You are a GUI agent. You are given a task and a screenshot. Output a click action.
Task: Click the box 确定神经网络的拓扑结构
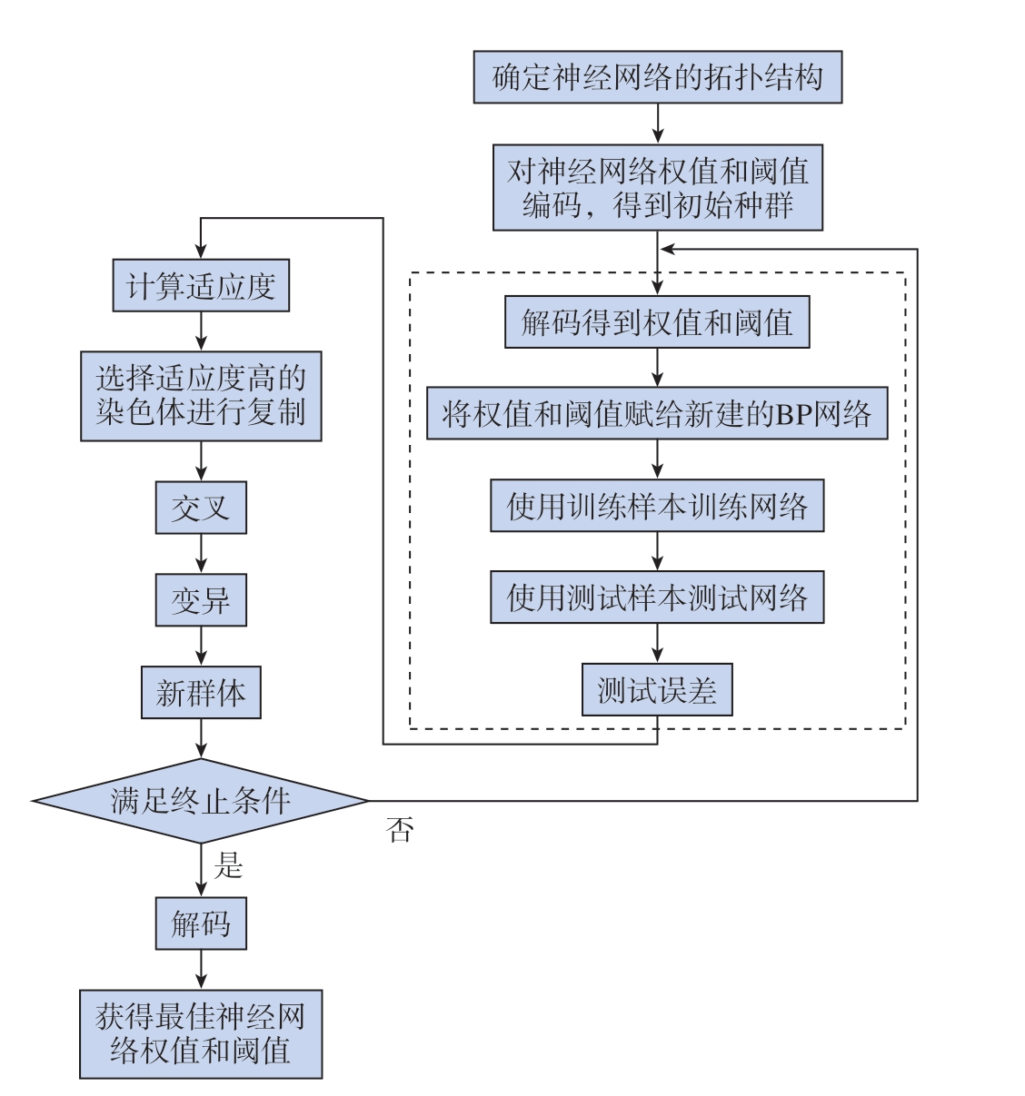point(657,77)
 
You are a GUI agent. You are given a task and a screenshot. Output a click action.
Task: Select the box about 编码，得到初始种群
point(657,188)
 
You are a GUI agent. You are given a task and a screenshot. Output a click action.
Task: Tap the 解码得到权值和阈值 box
point(657,321)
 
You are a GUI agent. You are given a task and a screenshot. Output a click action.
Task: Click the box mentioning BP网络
point(657,413)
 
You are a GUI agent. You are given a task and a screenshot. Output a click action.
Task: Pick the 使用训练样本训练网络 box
point(657,506)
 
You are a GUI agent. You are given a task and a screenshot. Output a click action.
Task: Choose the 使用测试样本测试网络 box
point(657,597)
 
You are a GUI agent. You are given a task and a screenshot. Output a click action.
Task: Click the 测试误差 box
point(657,690)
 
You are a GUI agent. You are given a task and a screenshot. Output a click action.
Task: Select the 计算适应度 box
point(201,285)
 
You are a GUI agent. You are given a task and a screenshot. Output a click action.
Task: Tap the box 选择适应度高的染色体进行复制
point(201,396)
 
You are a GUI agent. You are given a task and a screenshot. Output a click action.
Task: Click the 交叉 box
point(201,508)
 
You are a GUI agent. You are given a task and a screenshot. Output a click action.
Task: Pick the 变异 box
point(201,600)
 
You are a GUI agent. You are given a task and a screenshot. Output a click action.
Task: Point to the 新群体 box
point(201,693)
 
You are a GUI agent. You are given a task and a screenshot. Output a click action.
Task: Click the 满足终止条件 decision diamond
point(201,801)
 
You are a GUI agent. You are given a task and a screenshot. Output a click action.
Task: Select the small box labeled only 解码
point(201,923)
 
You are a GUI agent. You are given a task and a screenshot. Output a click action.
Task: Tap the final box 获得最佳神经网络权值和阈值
point(201,1034)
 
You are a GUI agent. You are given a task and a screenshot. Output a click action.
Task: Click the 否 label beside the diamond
point(399,829)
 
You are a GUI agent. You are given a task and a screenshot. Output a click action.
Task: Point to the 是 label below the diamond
point(228,864)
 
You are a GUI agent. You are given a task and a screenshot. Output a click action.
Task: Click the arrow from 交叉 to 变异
point(201,554)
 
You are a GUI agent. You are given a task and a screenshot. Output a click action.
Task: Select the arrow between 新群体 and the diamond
point(201,738)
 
